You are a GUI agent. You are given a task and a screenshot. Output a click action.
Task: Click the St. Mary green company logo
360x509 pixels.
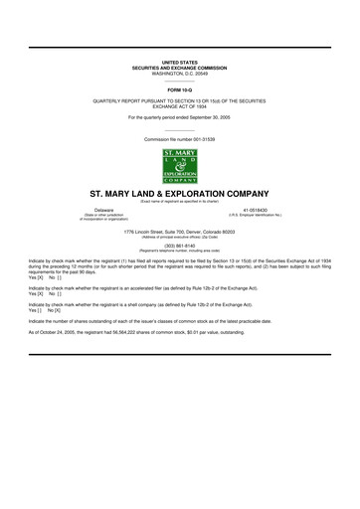tap(180, 164)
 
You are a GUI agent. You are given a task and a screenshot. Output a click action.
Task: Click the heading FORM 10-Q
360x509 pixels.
tap(180, 87)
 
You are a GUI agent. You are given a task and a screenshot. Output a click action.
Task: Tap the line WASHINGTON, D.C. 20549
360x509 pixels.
tap(180, 74)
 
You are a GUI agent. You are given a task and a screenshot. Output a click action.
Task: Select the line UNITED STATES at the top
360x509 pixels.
tap(180, 63)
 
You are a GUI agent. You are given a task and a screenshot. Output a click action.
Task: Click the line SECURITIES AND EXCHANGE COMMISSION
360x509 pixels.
tap(180, 68)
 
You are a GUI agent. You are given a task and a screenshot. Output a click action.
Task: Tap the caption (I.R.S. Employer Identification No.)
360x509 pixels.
tap(256, 216)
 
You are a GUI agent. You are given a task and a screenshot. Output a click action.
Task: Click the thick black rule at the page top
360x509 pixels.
tap(180, 47)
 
